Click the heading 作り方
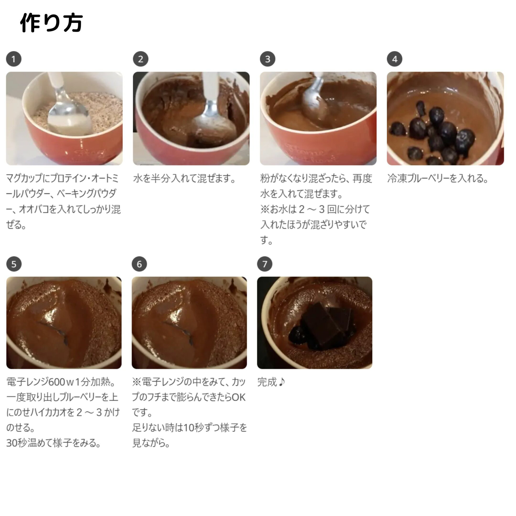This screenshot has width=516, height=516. tap(51, 23)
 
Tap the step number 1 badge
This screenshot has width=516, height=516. tap(14, 59)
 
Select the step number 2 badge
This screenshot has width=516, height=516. tap(140, 59)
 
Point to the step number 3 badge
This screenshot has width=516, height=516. tap(268, 59)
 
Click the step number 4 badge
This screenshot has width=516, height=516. tap(394, 59)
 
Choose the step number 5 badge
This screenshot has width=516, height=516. tap(14, 264)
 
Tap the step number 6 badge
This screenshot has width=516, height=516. tap(139, 264)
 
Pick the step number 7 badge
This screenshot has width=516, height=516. tap(265, 264)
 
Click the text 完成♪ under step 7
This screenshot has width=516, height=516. tap(271, 382)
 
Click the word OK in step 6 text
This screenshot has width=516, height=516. tap(238, 398)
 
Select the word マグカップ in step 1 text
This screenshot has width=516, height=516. tap(24, 178)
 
